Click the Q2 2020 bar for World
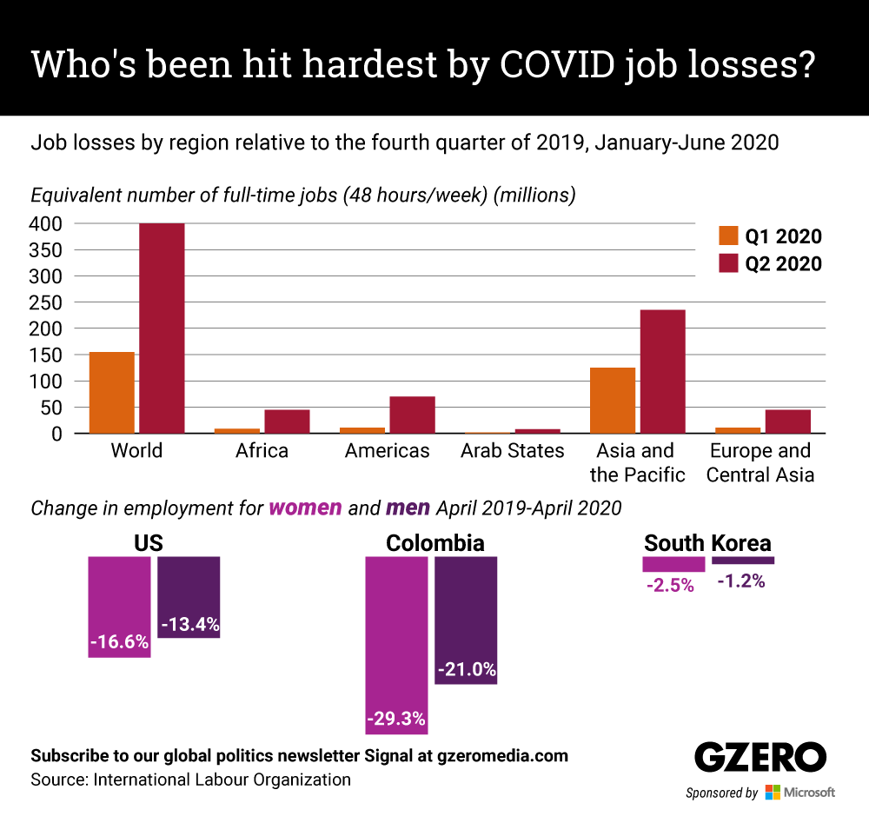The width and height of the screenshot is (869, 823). (x=162, y=328)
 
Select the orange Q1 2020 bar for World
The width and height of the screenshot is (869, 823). (x=112, y=392)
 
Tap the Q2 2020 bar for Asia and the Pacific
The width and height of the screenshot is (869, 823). (x=662, y=371)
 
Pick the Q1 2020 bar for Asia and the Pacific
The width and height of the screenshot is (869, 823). (x=613, y=400)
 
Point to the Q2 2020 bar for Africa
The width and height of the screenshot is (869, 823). (x=287, y=421)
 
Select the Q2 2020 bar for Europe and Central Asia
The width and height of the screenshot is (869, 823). (x=787, y=421)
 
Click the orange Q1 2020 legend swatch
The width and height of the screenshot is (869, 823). (x=727, y=236)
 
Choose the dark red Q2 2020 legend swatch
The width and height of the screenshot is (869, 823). (x=727, y=263)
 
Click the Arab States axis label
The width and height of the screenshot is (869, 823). (x=512, y=451)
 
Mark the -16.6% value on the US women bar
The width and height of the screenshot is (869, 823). (x=119, y=644)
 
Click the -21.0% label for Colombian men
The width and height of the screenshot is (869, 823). (x=467, y=670)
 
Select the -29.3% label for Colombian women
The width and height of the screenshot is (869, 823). (x=395, y=720)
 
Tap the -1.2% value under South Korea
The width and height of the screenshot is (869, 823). (x=741, y=581)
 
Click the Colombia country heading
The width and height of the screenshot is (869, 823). (x=435, y=544)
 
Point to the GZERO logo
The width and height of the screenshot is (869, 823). (x=759, y=758)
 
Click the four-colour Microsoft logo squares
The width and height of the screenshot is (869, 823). (x=773, y=793)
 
